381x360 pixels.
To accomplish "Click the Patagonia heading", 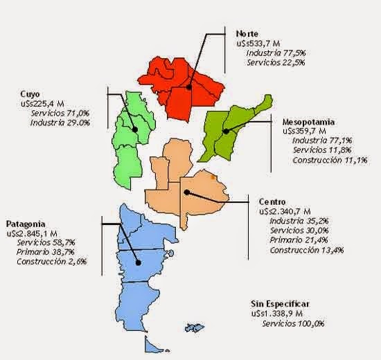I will pos(26,224).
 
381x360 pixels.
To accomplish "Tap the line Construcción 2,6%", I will pos(51,262).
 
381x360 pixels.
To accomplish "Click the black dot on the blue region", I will pos(139,262).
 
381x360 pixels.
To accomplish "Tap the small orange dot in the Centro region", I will pos(212,177).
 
